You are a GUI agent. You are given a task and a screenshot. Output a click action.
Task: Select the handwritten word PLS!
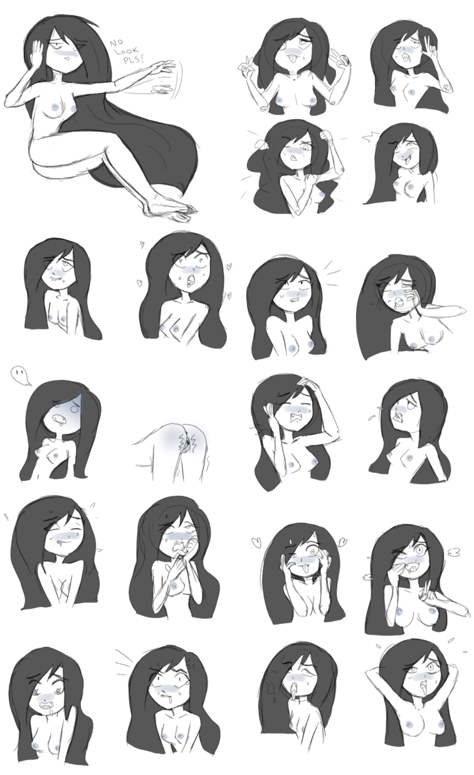[x=133, y=59]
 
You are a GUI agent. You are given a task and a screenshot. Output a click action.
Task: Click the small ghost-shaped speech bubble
[x=21, y=376]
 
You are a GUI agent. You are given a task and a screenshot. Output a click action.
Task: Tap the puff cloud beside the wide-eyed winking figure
[x=455, y=553]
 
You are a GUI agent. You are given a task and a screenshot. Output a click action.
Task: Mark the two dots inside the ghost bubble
[x=20, y=372]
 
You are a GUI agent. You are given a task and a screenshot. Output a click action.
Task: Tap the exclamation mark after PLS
[x=141, y=59]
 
